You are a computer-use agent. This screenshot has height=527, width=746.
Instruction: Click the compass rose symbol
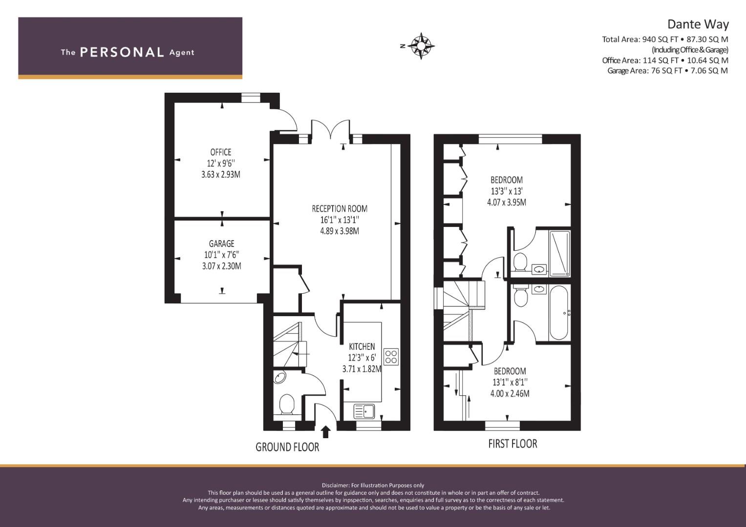421,46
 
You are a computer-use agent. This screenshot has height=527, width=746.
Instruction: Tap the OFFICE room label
220,152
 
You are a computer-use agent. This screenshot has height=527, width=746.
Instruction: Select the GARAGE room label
221,243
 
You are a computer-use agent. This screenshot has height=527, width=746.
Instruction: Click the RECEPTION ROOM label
340,209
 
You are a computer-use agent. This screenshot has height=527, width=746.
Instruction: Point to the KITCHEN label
362,346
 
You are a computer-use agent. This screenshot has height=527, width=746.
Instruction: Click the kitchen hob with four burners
391,356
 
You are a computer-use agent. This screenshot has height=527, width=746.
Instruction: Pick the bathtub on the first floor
558,313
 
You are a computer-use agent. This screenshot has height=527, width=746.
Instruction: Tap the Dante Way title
698,24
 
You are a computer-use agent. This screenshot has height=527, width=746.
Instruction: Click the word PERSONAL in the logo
122,52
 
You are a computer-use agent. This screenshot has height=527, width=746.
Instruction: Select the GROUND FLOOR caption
287,447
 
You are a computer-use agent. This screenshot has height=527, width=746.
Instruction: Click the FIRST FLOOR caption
512,444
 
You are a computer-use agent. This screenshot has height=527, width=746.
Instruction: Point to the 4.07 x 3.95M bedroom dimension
507,203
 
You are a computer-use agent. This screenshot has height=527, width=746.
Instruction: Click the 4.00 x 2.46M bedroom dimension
510,394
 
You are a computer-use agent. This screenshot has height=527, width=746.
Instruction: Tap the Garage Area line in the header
667,71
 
